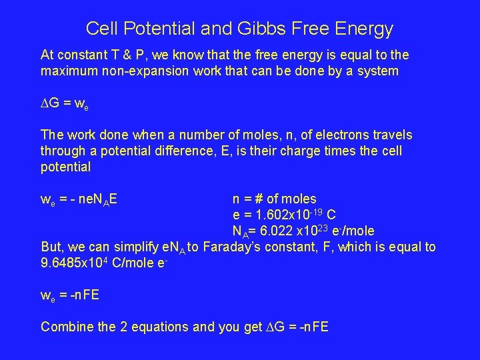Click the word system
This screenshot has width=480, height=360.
(377, 70)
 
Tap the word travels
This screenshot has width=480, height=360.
(391, 135)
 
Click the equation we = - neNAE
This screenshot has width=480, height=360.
(79, 199)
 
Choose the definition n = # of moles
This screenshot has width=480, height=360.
(274, 199)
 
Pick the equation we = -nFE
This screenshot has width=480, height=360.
(70, 295)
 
